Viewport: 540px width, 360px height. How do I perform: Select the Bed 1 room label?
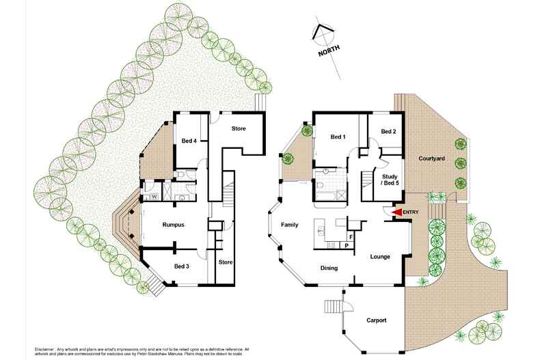[x=338, y=137]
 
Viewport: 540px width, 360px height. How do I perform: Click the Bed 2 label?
[x=388, y=131]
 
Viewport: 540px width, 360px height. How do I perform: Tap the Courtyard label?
[x=431, y=158]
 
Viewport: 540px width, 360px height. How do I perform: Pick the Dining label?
[x=329, y=268]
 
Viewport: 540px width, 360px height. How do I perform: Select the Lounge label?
[x=380, y=257]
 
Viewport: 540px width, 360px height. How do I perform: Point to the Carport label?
[x=377, y=320]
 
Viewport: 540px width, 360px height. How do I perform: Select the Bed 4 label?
[x=189, y=141]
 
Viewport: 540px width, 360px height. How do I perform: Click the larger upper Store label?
[x=239, y=128]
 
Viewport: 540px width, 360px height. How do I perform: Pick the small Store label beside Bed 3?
[x=226, y=262]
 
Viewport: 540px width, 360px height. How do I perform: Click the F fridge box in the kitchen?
[x=351, y=236]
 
